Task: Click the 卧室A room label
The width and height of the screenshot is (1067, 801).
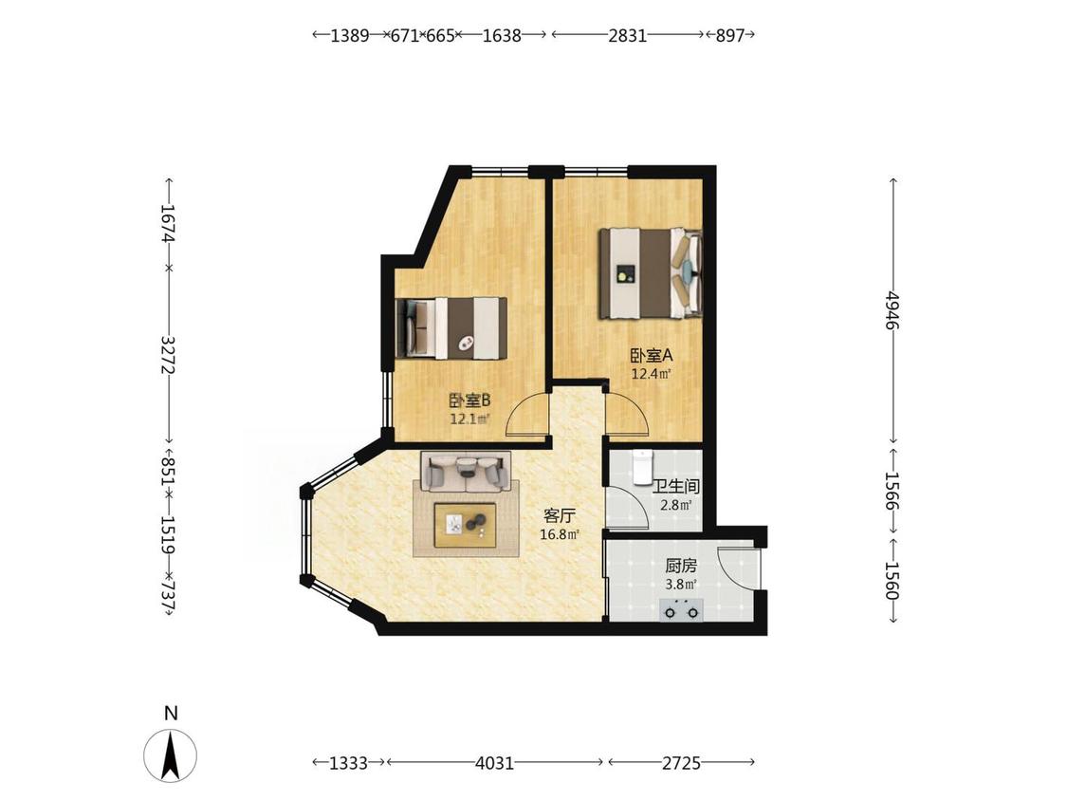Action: tap(652, 355)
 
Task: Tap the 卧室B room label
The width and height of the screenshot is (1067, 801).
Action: tap(469, 400)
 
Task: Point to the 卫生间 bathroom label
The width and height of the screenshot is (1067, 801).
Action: tap(675, 487)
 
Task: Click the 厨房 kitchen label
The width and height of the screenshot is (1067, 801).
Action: tap(681, 566)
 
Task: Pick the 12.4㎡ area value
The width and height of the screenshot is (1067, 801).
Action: tap(652, 373)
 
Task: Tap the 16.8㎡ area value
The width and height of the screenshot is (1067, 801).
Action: tap(560, 534)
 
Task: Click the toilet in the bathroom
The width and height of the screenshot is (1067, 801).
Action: tap(642, 467)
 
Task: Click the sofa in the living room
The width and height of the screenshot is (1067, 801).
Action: tap(466, 471)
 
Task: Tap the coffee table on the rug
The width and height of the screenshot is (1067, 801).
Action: tap(467, 525)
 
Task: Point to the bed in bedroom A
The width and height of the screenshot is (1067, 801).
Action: tap(650, 273)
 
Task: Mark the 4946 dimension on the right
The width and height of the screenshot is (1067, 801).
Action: tap(892, 311)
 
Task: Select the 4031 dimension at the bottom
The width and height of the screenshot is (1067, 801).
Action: tap(495, 763)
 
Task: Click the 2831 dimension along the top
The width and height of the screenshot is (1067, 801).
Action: tap(627, 35)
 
